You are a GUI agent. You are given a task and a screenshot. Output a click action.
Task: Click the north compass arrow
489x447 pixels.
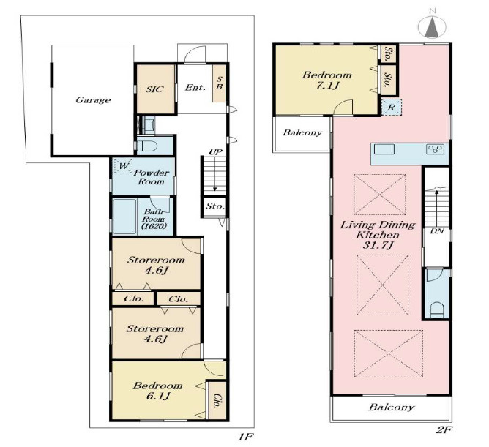pos(432,26)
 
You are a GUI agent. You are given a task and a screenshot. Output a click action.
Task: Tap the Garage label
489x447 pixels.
pos(93,100)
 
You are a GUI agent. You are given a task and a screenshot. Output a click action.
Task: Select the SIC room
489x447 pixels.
pos(156,89)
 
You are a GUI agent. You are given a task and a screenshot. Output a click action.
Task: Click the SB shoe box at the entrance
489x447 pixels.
pos(219,83)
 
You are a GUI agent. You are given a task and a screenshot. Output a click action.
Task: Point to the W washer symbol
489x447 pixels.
pos(123,166)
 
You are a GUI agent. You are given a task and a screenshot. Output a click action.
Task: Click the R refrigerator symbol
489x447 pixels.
pos(391,108)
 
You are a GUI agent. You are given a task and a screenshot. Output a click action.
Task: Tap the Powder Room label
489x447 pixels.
pos(151,177)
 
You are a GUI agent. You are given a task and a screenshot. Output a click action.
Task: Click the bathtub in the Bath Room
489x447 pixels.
pos(124,217)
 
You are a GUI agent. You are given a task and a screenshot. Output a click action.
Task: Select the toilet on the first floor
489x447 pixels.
pos(148,146)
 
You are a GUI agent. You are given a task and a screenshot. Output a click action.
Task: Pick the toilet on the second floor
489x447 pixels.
pos(437,310)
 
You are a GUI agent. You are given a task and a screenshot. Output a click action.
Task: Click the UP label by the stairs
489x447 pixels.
pos(215,152)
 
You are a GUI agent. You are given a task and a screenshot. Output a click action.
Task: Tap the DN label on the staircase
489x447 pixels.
pos(436,231)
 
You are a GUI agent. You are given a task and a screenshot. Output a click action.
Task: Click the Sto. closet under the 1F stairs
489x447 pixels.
pos(215,206)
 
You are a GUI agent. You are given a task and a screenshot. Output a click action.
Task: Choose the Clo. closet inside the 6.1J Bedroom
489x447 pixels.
pos(217,401)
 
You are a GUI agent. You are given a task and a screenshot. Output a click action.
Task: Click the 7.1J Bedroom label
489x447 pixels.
pos(326,80)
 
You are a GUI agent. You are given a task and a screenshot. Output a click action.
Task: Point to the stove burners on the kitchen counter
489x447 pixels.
pos(435,149)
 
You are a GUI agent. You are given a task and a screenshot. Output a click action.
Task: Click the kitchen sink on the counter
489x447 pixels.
pos(384,149)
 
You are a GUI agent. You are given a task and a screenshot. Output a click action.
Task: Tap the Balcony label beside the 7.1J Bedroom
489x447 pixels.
pos(302,133)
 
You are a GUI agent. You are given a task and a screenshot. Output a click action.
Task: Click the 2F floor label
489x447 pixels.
pos(444,430)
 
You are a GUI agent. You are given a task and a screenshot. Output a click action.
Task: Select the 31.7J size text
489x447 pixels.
pos(377,246)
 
